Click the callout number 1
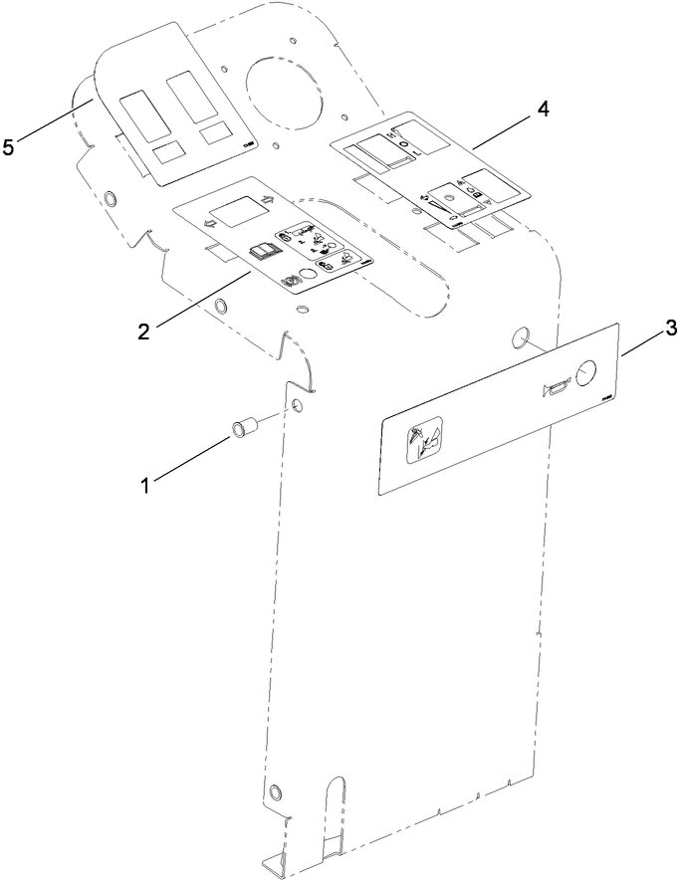tap(145, 485)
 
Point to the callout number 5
tap(9, 147)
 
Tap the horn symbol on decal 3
tap(554, 387)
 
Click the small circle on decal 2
tap(308, 271)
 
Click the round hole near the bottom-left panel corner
tap(276, 792)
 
